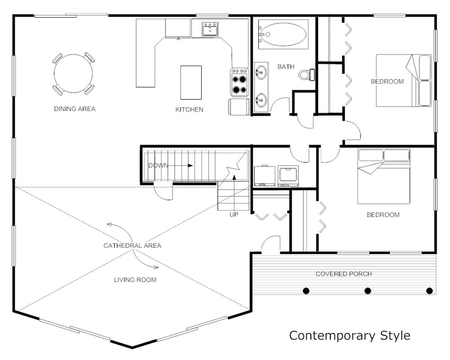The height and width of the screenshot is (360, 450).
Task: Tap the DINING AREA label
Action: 75,109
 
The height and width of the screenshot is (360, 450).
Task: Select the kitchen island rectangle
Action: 191,83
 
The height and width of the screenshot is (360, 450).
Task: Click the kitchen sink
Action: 210,29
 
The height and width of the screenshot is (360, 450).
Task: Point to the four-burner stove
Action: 240,82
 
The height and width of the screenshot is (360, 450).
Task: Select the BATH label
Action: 286,67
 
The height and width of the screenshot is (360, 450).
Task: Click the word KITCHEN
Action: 189,109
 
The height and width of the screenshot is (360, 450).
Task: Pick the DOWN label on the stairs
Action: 158,166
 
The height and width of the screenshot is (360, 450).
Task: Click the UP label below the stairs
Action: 234,215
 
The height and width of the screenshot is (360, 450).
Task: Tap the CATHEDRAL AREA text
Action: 132,246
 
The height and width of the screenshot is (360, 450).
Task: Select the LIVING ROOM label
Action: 135,280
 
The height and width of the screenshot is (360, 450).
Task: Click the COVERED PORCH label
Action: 344,274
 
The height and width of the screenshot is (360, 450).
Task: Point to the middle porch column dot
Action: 368,291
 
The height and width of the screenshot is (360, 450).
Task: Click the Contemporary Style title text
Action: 350,336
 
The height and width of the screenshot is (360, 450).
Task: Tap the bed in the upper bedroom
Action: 404,81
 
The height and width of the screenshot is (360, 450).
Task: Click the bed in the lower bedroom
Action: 384,176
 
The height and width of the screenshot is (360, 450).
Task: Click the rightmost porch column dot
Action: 429,291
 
